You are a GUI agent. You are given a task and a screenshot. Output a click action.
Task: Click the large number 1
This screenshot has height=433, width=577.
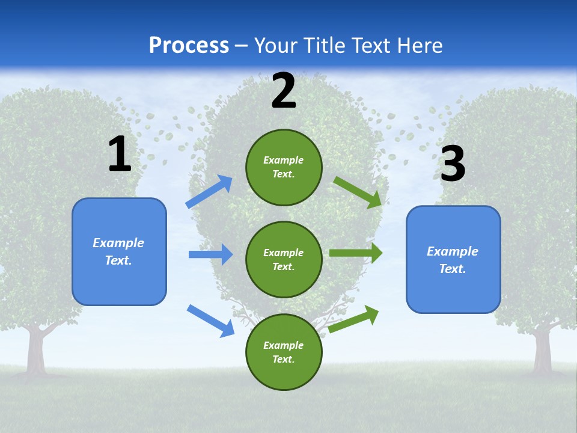[x=120, y=155]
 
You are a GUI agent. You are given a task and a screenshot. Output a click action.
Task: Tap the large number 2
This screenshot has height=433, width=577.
[x=284, y=91]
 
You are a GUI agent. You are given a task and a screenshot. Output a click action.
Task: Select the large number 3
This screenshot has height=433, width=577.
[x=453, y=164]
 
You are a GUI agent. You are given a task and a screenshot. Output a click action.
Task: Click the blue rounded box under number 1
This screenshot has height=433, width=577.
[x=119, y=251]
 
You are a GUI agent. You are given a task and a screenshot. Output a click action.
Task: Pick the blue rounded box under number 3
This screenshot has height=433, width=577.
[x=453, y=260]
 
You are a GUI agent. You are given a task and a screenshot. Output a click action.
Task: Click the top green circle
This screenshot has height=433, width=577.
[x=284, y=167]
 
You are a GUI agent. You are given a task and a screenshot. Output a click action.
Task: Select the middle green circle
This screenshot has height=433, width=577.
[x=284, y=259]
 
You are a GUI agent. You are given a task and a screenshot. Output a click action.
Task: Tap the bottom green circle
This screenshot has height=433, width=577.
[x=284, y=352]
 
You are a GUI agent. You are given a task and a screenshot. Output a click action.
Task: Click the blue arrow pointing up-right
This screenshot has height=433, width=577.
[x=209, y=192]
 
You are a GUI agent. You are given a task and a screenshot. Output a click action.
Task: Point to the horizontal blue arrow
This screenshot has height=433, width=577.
[x=210, y=254]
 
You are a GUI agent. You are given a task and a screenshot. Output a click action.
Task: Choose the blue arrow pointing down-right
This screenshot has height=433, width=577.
[x=210, y=321]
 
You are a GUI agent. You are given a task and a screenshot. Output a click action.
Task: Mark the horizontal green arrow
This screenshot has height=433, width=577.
[x=356, y=253]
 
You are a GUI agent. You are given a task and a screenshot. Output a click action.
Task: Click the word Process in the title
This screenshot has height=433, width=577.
[x=189, y=45]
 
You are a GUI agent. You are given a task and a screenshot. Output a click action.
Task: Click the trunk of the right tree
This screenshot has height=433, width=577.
[x=543, y=355]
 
